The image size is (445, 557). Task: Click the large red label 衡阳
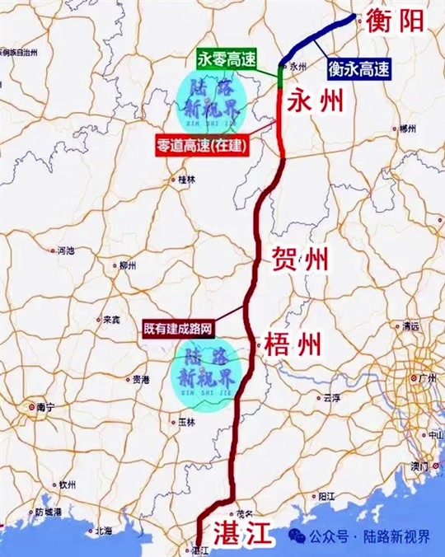pos(401,21)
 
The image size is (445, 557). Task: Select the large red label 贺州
pos(300,261)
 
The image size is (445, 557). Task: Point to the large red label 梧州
pos(293,344)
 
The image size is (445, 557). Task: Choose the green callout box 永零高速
pos(223,59)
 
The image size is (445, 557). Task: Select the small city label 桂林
pos(186,179)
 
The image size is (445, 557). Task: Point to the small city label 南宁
pos(44,406)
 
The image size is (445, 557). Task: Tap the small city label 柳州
pos(127,265)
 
